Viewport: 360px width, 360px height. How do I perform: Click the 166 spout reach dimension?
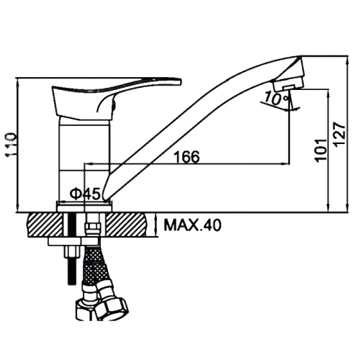186,157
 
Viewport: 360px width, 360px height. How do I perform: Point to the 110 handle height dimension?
11,145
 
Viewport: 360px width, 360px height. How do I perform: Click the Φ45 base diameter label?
85,194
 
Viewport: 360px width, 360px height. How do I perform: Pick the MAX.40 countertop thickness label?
192,225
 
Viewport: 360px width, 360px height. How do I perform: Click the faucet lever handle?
115,97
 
